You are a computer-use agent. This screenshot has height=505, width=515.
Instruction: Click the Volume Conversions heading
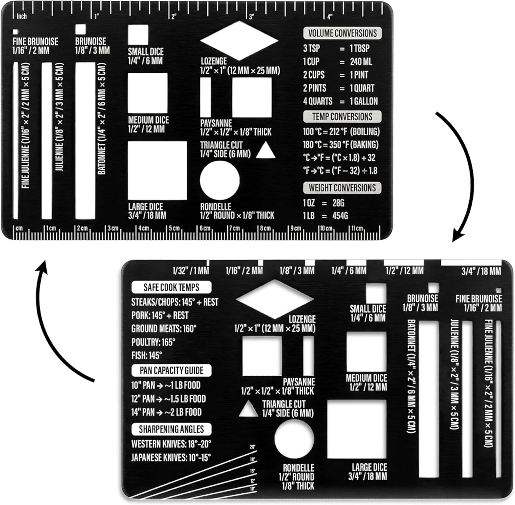[x=342, y=33]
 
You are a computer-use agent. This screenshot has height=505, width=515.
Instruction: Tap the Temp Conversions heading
[x=342, y=117]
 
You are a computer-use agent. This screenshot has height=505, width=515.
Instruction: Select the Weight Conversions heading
[x=342, y=188]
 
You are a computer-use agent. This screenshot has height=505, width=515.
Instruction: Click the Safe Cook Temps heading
[x=171, y=287]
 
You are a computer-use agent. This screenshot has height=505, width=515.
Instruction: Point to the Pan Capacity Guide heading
[x=171, y=371]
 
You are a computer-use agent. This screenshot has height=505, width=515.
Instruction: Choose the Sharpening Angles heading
[x=171, y=429]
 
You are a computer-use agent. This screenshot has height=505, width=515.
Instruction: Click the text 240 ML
[x=361, y=62]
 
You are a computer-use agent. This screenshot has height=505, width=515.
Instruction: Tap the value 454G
[x=340, y=216]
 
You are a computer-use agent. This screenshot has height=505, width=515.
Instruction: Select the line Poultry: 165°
[x=153, y=342]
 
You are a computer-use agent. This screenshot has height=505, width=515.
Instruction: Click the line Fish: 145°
[x=147, y=356]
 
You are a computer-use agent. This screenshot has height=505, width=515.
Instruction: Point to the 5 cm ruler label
[x=174, y=228]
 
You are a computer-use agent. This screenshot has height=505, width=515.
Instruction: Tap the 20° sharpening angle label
[x=253, y=447]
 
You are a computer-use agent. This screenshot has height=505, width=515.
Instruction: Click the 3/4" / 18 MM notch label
[x=481, y=272]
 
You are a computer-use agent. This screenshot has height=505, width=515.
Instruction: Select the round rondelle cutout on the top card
[x=220, y=180]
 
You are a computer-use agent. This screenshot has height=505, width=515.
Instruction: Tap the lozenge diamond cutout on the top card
[x=239, y=40]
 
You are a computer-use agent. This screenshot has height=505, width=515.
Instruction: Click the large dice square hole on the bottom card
[x=357, y=429]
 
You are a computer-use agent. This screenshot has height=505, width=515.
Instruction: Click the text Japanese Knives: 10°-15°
[x=171, y=457]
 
